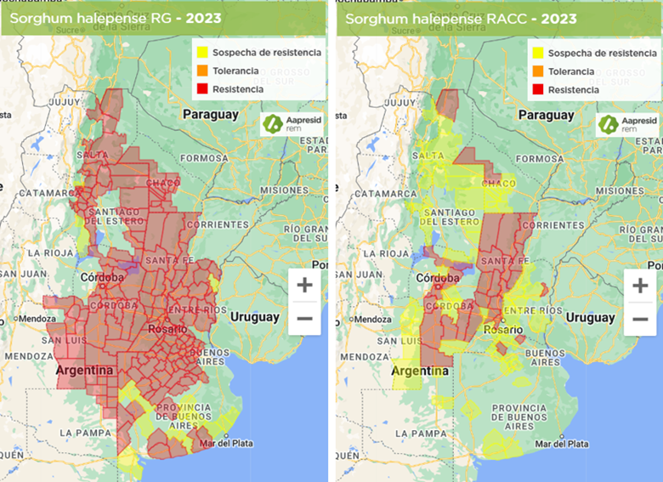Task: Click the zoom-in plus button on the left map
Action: click(304, 285)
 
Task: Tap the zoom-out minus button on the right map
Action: click(640, 319)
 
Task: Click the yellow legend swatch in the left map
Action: click(201, 53)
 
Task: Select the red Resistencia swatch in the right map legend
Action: click(537, 89)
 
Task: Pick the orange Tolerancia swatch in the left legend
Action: click(201, 71)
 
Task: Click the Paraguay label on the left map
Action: click(210, 114)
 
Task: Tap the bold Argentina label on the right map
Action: click(420, 371)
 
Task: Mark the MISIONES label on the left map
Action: click(286, 190)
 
